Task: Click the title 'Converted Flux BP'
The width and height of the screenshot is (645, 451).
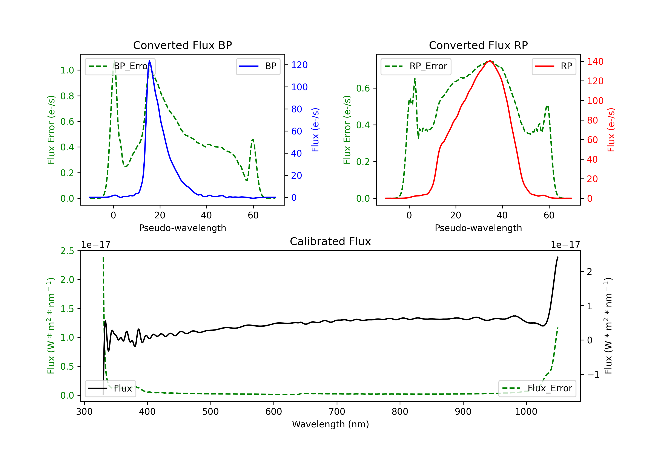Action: (x=182, y=45)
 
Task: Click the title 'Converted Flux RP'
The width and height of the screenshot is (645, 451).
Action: (x=478, y=45)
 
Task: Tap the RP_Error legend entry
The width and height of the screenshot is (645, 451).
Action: (x=416, y=66)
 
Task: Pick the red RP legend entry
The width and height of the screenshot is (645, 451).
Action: (x=554, y=66)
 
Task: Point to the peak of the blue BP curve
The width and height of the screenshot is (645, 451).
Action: (x=149, y=61)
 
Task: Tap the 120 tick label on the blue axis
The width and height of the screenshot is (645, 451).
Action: (x=299, y=65)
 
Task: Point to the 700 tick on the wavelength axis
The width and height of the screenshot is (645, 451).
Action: (x=337, y=411)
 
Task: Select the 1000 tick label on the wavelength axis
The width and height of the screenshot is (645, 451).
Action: (x=526, y=411)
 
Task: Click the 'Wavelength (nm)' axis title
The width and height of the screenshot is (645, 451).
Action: (x=330, y=424)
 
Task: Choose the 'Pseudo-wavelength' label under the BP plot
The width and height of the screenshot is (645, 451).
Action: (x=182, y=228)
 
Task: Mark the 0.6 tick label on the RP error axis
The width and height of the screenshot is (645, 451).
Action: (x=363, y=88)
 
